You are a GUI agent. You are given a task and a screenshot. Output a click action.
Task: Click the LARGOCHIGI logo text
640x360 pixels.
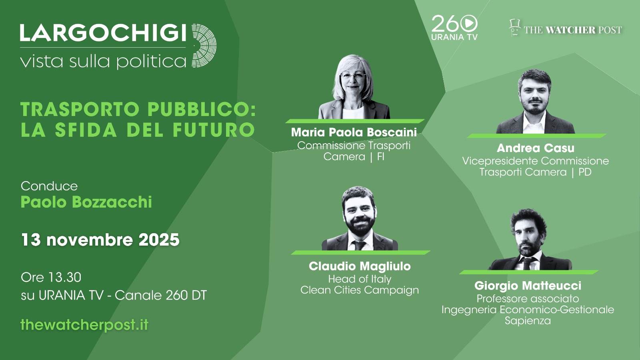pos(103,33)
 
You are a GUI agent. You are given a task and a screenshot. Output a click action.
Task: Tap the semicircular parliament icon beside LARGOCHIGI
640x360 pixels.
pos(204,46)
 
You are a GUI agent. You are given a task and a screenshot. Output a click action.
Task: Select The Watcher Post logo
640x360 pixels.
pos(566,29)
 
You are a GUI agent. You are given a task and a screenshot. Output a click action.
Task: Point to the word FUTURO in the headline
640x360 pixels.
pos(214,130)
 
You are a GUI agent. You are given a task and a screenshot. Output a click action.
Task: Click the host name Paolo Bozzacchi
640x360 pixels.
pos(86,202)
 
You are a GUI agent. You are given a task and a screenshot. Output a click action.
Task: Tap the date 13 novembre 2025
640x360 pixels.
pos(100,240)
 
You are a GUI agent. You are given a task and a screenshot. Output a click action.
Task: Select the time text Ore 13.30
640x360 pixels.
pos(51,277)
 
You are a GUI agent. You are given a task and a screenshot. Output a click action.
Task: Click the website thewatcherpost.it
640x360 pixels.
pos(84,325)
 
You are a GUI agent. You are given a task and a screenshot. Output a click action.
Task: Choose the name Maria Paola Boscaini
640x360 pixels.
pos(354,132)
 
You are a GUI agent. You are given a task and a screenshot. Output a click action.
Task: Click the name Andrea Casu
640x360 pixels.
pos(535,148)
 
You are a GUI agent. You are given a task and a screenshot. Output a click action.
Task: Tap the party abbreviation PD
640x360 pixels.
pos(585,172)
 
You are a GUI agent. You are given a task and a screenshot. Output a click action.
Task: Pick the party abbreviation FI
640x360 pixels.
pos(381,156)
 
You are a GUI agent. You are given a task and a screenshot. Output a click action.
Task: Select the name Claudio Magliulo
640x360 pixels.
pos(360,266)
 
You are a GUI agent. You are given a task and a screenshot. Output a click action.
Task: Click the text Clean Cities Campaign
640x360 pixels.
pos(360,290)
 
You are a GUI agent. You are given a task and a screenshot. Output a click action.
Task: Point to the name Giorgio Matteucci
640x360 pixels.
pos(528,286)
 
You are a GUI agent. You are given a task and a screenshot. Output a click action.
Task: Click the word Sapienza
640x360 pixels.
pos(528,321)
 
